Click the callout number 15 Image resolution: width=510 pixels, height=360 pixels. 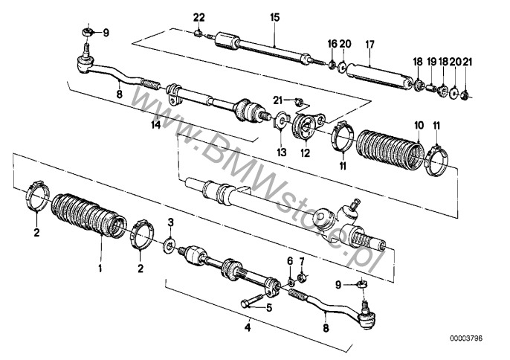(x=275, y=17)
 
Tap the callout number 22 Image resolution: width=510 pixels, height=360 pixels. (x=199, y=17)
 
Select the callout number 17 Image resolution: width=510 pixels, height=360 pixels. (x=370, y=45)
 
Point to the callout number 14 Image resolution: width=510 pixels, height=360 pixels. (x=156, y=124)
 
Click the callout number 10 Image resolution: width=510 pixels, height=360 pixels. (x=419, y=125)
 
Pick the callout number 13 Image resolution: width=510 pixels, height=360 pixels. (x=282, y=152)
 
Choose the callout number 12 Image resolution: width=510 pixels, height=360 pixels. (x=306, y=152)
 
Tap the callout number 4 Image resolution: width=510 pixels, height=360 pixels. (x=248, y=327)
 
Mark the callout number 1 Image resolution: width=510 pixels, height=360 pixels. (x=100, y=269)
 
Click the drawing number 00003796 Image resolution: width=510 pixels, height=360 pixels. (x=466, y=338)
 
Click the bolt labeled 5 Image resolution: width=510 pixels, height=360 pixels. (x=253, y=301)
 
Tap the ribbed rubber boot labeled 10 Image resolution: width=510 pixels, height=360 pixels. (x=390, y=148)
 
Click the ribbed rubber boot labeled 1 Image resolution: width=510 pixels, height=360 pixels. (x=88, y=216)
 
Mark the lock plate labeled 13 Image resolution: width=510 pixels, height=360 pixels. (x=280, y=120)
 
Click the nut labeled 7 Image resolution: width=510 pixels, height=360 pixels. (x=302, y=278)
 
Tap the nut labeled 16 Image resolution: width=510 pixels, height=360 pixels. (x=332, y=65)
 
